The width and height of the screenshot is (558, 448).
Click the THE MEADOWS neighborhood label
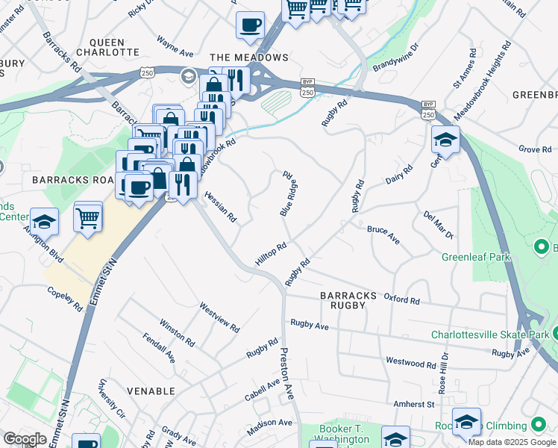pos(248,57)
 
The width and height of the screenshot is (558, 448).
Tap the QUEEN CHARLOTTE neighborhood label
pos(114,47)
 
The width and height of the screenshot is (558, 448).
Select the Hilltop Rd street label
pos(271,256)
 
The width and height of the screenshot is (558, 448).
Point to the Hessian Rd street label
pos(221,206)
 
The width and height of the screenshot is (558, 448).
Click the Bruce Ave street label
pos(383,235)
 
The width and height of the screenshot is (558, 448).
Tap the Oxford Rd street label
pos(401,299)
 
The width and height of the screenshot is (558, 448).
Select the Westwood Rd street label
pos(410,361)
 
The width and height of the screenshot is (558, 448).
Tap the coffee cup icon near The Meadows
pos(250,25)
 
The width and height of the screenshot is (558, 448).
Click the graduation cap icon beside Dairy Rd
pos(445,139)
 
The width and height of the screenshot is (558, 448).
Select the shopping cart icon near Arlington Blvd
pos(88,218)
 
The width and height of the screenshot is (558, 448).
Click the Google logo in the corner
pos(25,439)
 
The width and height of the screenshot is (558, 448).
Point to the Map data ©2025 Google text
pos(511,442)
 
